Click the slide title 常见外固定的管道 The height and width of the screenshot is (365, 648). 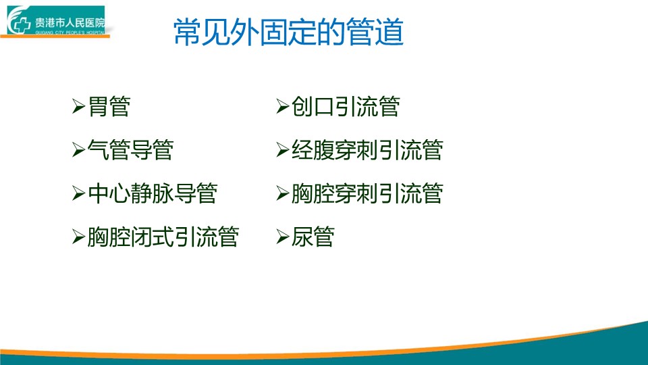pos(288,32)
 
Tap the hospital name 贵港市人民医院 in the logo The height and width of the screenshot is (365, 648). pos(70,23)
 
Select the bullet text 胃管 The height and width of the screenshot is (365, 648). pos(109,106)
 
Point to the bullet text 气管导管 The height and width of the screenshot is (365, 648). pos(130,150)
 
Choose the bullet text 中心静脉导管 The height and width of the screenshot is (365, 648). pos(153,193)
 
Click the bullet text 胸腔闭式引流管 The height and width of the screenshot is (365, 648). pos(163,237)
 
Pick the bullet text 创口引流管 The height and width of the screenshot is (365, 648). pos(346,106)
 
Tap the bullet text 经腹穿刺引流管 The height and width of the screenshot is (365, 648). pos(367,150)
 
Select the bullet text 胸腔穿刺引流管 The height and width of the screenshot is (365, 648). pos(367,193)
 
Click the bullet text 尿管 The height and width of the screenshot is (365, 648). pos(313,237)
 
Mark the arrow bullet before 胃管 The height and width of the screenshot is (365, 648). pos(78,106)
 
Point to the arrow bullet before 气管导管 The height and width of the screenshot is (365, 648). pos(78,150)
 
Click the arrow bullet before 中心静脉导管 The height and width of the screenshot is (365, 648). pos(78,193)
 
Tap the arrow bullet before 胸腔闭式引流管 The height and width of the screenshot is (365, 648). pos(78,237)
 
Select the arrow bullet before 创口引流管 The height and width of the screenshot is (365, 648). pos(283,106)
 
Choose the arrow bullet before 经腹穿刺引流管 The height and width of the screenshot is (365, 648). pos(283,150)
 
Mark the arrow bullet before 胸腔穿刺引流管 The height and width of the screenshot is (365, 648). pos(283,193)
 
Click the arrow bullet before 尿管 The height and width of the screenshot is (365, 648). pos(283,237)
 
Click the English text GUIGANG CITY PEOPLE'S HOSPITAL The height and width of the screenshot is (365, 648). pos(70,32)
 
